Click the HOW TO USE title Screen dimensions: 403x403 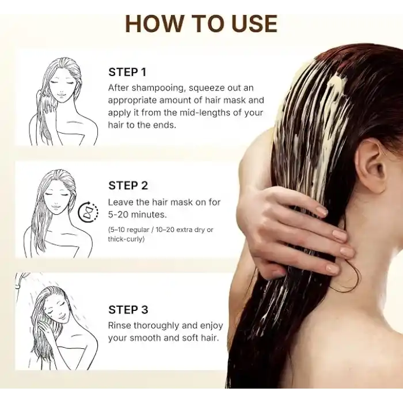[201, 24]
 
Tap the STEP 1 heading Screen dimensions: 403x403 [127, 72]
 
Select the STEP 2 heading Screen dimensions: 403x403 [128, 185]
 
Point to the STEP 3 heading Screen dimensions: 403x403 [128, 310]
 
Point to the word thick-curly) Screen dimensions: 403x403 [126, 239]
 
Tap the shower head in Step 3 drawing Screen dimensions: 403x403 [21, 278]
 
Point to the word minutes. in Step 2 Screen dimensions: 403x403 [149, 214]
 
